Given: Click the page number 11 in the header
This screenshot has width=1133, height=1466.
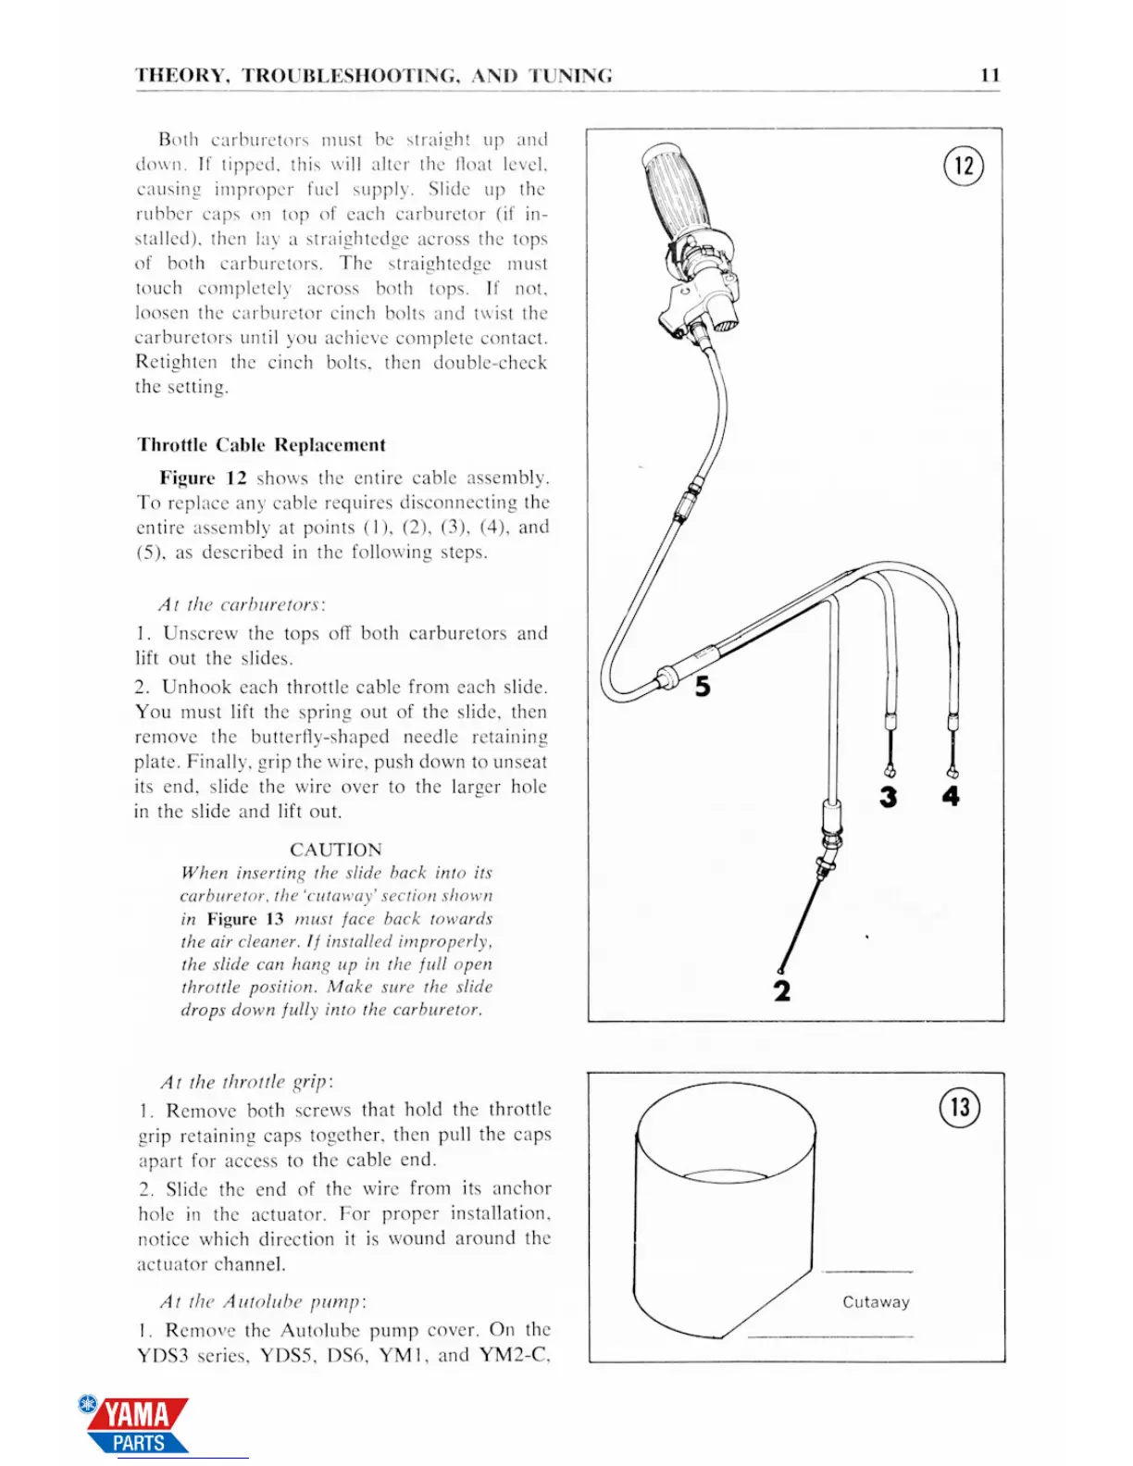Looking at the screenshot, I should click(990, 76).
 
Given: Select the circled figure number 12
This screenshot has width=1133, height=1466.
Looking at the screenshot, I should click(964, 167).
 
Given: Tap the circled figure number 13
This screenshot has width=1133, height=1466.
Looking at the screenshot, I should click(960, 1107).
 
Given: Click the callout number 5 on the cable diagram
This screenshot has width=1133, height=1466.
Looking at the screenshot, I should click(703, 687).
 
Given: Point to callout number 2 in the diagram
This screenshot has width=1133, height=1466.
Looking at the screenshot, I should click(782, 991).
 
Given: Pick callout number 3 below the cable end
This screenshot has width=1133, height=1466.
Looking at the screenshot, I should click(889, 797).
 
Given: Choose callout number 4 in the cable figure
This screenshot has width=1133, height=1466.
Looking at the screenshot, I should click(951, 796).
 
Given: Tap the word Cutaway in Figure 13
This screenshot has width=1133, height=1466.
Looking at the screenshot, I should click(876, 1302).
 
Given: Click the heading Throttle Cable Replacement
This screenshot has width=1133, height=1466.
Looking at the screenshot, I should click(261, 445).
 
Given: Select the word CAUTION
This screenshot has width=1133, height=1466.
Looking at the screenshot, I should click(335, 850).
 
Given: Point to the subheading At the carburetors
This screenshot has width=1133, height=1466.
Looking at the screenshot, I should click(241, 605).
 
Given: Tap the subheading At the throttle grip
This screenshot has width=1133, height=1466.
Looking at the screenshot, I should click(246, 1082).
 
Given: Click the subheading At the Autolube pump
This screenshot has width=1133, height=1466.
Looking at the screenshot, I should click(263, 1302).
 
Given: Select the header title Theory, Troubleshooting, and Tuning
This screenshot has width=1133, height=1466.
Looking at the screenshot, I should click(373, 76).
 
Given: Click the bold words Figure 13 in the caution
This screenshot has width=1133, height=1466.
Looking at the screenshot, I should click(245, 919).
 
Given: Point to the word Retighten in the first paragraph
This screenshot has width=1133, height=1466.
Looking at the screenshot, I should click(176, 363).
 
